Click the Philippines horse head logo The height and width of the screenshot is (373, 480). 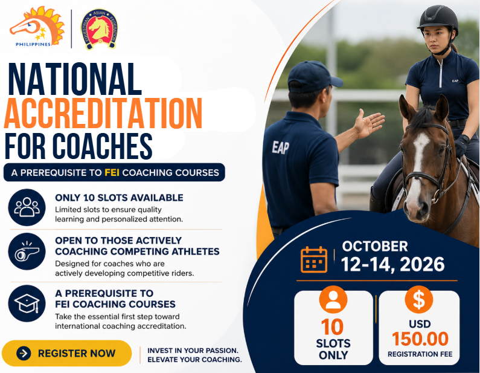37,27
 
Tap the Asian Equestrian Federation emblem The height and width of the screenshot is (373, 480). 99,29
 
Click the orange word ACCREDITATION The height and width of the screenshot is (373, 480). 103,113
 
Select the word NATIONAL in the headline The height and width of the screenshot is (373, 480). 75,79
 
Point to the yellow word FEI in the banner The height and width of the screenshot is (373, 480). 112,172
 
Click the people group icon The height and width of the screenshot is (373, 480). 27,207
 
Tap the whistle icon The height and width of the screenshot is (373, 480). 27,251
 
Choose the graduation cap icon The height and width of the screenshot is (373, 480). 27,303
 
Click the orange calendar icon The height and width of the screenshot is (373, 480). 314,259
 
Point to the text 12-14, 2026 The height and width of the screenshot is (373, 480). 393,265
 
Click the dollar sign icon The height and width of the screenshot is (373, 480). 419,300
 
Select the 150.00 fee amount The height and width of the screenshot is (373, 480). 420,339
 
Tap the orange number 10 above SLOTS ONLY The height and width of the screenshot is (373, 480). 333,327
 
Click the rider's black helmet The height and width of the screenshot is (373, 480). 438,18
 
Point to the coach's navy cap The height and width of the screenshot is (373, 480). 313,77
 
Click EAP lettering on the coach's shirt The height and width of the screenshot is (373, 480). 280,148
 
